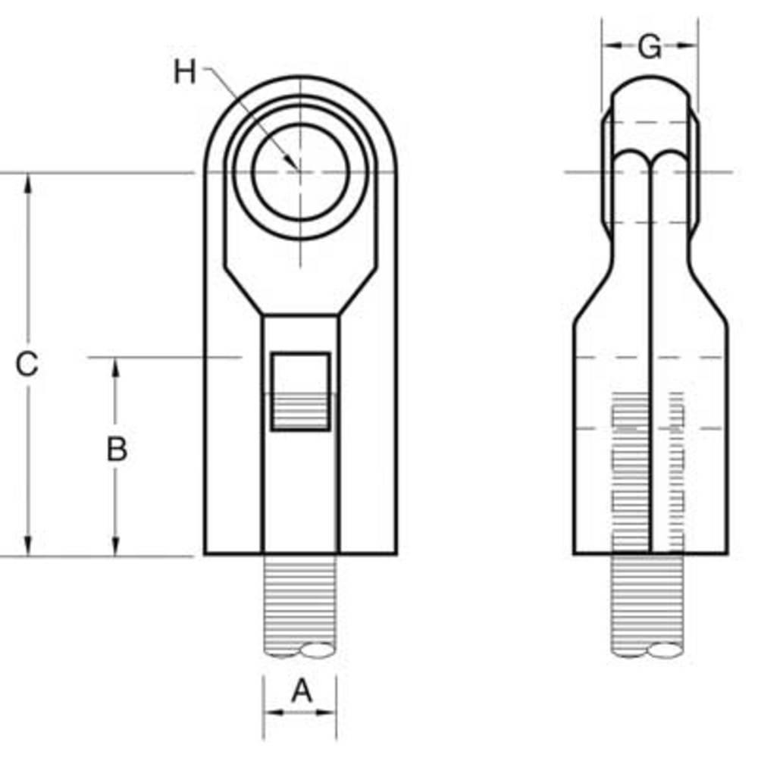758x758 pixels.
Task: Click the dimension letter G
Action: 649,47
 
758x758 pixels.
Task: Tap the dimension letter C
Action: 27,365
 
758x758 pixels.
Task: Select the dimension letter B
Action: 116,449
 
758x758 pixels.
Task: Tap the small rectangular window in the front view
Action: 301,391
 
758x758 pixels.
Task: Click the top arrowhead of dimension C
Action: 28,182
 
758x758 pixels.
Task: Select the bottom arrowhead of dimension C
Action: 28,547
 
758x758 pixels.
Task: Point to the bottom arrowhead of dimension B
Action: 115,547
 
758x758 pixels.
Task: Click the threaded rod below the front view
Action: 300,606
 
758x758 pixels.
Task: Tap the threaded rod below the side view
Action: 650,606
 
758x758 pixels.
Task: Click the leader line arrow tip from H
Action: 294,166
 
